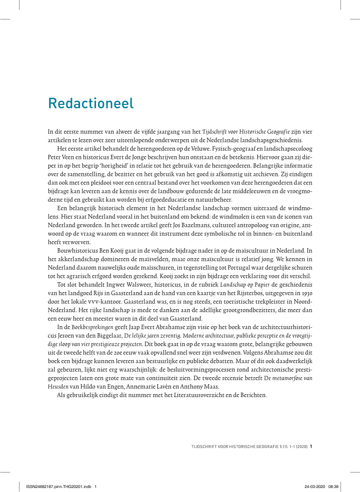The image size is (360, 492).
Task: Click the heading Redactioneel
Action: tap(91, 103)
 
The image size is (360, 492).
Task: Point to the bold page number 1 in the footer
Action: tap(311, 447)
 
